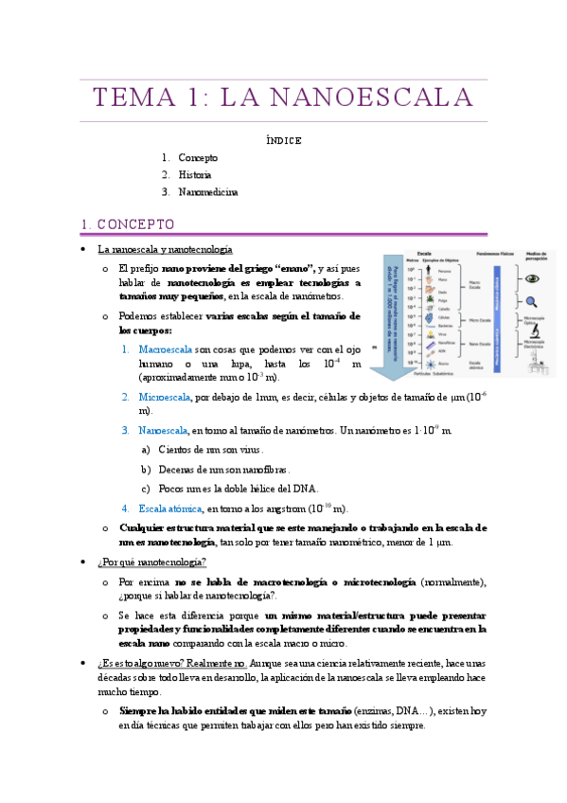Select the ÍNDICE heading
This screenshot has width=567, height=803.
click(x=283, y=140)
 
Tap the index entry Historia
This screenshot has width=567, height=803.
click(x=195, y=175)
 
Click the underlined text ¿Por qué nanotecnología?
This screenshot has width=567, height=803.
click(x=151, y=562)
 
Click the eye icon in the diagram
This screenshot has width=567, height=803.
click(x=533, y=279)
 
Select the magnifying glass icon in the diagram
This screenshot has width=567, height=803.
click(x=533, y=302)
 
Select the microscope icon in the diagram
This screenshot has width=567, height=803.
click(x=534, y=332)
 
